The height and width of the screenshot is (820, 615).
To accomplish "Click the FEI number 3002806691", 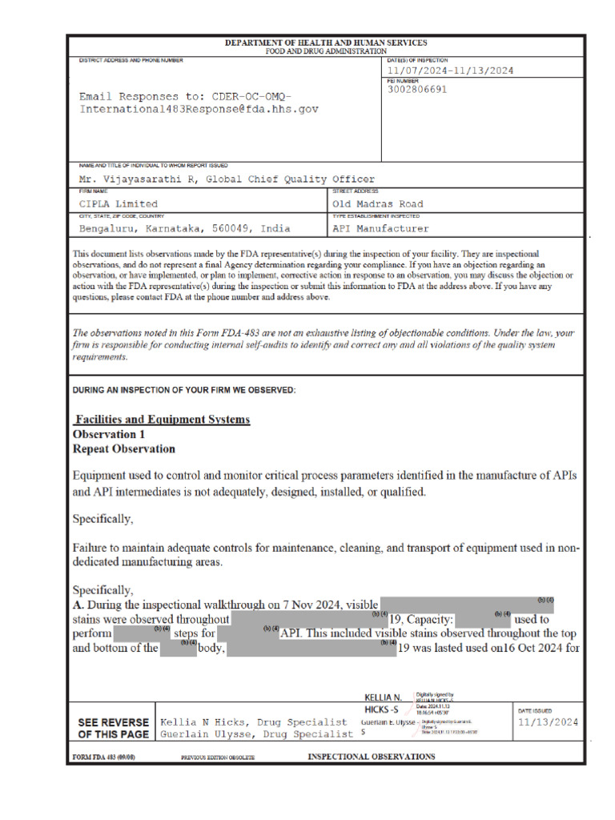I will coord(417,90).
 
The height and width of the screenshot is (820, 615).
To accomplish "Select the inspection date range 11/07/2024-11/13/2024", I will coord(450,70).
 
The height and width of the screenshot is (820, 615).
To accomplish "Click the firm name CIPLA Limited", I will coord(118,204).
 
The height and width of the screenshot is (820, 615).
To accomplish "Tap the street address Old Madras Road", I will coord(377,204).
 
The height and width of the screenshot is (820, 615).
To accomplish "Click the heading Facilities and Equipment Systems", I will coord(162,420).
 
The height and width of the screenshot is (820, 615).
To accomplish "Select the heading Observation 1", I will coord(109,434).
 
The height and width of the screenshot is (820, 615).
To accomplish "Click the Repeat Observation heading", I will coord(123,448).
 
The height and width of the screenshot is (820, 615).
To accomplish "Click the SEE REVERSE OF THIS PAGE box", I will coord(113,727).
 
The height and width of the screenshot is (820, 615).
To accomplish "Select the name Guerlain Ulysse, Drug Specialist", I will coord(256,734).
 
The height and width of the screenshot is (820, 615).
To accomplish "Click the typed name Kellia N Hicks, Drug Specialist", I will coord(254,722).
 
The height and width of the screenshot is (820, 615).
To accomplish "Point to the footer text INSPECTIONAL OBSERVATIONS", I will coord(372,757).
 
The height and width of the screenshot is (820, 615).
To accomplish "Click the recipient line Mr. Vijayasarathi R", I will coord(227,179).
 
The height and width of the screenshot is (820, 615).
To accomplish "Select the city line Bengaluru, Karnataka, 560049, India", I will coord(184,228).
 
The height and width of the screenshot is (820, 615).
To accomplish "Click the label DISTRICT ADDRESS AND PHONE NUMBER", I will coord(131,60).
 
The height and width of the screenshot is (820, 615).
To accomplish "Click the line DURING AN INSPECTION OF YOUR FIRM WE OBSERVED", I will coord(184,390).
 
